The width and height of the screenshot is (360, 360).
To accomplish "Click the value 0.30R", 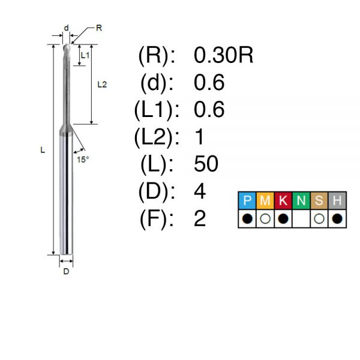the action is (x=223, y=55).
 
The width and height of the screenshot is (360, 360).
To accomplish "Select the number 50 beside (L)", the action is (x=206, y=164).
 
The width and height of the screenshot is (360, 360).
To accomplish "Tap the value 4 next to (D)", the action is (x=200, y=191).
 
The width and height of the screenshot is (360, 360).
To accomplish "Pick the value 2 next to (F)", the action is (x=200, y=218).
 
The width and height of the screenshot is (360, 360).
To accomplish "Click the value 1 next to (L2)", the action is (x=199, y=137).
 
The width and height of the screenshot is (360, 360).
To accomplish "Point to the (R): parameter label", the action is (x=157, y=56).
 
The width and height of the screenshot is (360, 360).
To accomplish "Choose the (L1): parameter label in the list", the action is (x=157, y=110).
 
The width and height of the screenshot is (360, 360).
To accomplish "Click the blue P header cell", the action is (x=247, y=200).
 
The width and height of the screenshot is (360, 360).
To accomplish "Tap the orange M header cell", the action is (x=265, y=200).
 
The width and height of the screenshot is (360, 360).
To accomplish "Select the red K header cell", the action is (x=283, y=200).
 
